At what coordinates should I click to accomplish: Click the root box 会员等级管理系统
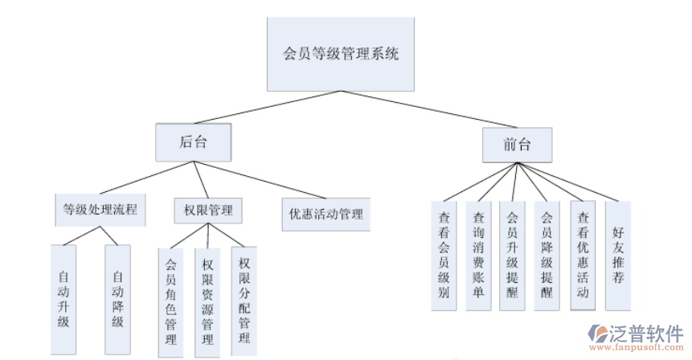[341, 55]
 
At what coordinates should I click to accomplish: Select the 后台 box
[193, 143]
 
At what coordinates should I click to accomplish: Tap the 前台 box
[517, 145]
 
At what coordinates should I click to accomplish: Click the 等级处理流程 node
[100, 211]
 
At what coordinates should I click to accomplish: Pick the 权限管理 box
[208, 211]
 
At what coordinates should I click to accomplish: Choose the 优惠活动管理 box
[326, 214]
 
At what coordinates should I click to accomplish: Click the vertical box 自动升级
[64, 299]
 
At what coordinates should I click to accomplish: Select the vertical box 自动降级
[117, 299]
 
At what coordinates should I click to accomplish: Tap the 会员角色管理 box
[170, 301]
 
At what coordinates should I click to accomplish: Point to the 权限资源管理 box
[207, 301]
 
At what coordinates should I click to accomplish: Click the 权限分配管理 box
[244, 300]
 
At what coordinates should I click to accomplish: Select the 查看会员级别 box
[443, 254]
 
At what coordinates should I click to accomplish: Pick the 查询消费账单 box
[478, 254]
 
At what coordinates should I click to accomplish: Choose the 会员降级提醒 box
[547, 254]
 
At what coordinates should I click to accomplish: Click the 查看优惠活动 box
[583, 254]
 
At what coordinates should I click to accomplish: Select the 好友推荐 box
[617, 254]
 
